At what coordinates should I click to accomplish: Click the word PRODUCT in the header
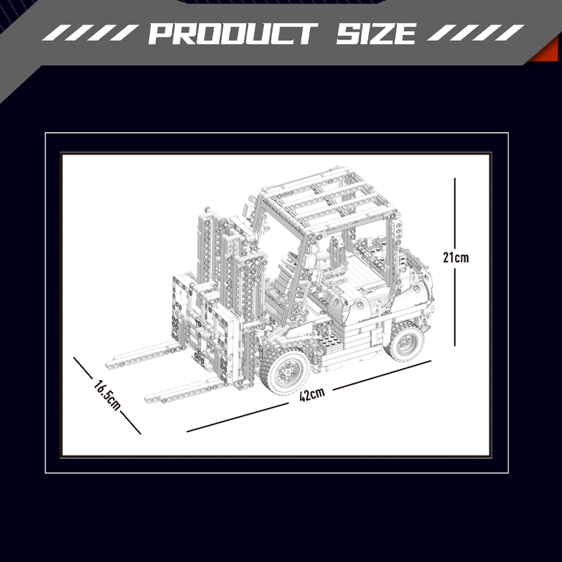[233, 34]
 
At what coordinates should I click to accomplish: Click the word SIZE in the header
[377, 34]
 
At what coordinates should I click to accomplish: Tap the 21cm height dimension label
[455, 257]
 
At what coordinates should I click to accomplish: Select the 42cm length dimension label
[312, 394]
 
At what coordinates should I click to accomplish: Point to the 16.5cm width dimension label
[107, 395]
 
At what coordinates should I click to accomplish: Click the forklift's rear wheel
[405, 341]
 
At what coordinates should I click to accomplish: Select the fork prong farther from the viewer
[143, 355]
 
